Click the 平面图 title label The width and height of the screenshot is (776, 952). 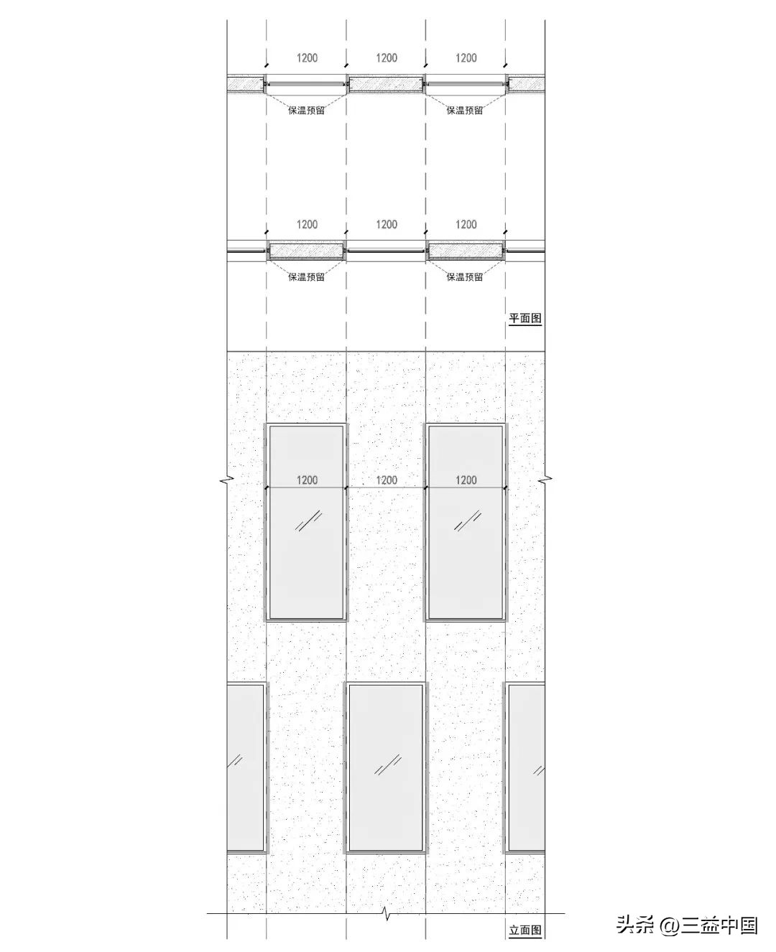coord(525,318)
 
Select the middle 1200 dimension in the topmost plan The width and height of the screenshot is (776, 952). coord(387,57)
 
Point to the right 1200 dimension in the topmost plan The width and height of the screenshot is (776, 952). coord(466,57)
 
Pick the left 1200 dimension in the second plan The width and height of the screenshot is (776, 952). coord(308,225)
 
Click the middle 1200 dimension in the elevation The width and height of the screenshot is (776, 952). coord(387,480)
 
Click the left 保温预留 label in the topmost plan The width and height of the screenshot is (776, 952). coord(306,110)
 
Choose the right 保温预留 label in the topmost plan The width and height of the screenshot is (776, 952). coord(465,110)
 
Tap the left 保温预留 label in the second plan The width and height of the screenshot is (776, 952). coord(306,276)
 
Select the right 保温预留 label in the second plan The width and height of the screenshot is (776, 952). coord(465,276)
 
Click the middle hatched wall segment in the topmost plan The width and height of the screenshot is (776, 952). coord(386,84)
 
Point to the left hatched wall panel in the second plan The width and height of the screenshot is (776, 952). coord(307,251)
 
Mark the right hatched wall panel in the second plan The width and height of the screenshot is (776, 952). coord(466,251)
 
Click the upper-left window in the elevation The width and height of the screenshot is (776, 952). coord(307,522)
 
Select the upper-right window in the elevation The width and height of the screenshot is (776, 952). coord(466,522)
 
